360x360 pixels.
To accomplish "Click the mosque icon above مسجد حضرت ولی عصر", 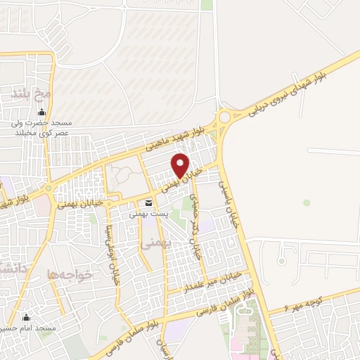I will tap(41, 112).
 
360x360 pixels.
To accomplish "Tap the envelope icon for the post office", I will tap(148, 204).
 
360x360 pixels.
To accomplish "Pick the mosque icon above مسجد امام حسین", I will tap(27, 318).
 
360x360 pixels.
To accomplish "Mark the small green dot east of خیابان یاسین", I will tap(307, 202).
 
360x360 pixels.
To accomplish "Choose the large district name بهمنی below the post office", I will tap(150, 244).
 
